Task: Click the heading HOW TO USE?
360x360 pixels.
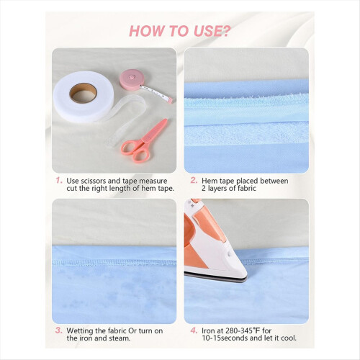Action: [180, 31]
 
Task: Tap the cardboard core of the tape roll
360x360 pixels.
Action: [83, 93]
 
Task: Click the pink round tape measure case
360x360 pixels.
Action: [132, 80]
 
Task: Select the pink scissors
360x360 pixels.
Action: [144, 142]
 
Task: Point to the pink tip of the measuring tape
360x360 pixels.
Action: [170, 100]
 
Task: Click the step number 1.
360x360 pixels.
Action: [59, 180]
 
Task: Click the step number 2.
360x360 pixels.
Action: [194, 180]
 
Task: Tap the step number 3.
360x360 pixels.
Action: [59, 330]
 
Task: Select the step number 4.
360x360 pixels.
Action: [194, 330]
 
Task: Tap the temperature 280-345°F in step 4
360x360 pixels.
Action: [243, 330]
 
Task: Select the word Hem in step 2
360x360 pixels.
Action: [210, 181]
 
